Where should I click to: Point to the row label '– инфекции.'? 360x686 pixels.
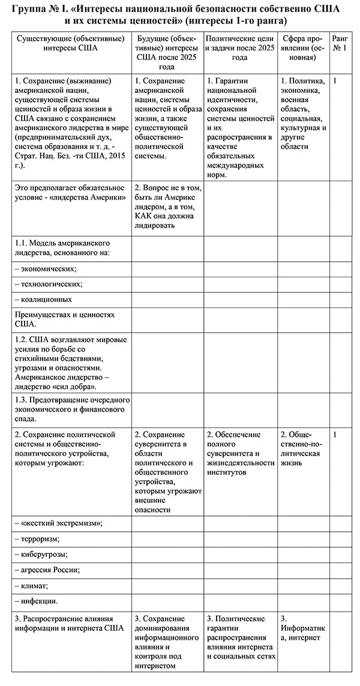pos(36,600)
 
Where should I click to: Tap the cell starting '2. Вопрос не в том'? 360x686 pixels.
pos(167,207)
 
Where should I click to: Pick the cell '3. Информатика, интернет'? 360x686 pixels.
pos(302,628)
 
